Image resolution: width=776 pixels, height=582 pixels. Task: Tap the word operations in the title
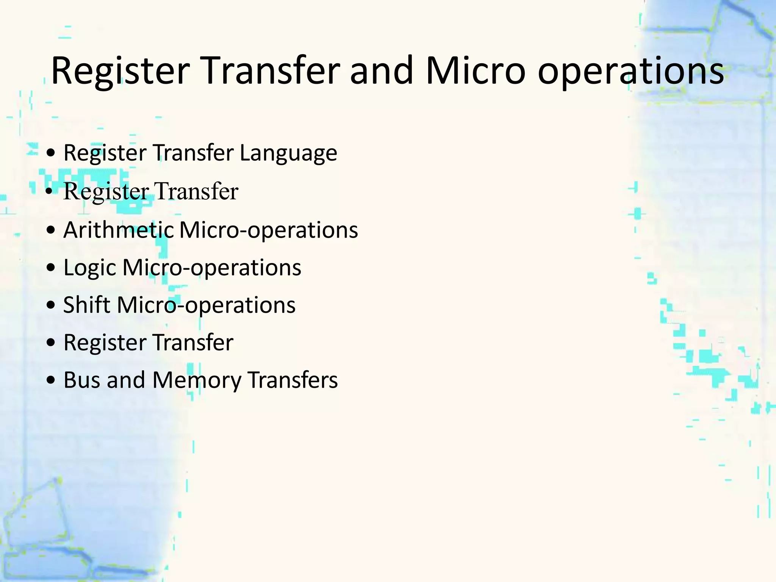coord(630,71)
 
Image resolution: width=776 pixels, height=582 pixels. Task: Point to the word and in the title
coord(382,71)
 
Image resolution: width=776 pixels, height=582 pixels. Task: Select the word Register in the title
coord(120,71)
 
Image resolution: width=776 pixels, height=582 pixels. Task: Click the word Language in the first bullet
coord(288,153)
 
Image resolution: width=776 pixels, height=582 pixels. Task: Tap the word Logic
coord(89,268)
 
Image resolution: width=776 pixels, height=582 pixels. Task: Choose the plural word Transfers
coord(293,380)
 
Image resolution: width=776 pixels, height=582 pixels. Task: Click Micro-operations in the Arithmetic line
coord(268,230)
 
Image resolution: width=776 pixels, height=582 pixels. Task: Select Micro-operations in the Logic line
coord(212,268)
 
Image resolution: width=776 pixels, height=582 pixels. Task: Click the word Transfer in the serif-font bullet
coord(196,191)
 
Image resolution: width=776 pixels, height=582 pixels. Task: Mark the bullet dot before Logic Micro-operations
coord(50,268)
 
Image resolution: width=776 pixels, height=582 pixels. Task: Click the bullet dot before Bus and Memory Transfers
coord(50,380)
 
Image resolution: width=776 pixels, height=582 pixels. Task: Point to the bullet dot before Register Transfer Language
coord(50,153)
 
